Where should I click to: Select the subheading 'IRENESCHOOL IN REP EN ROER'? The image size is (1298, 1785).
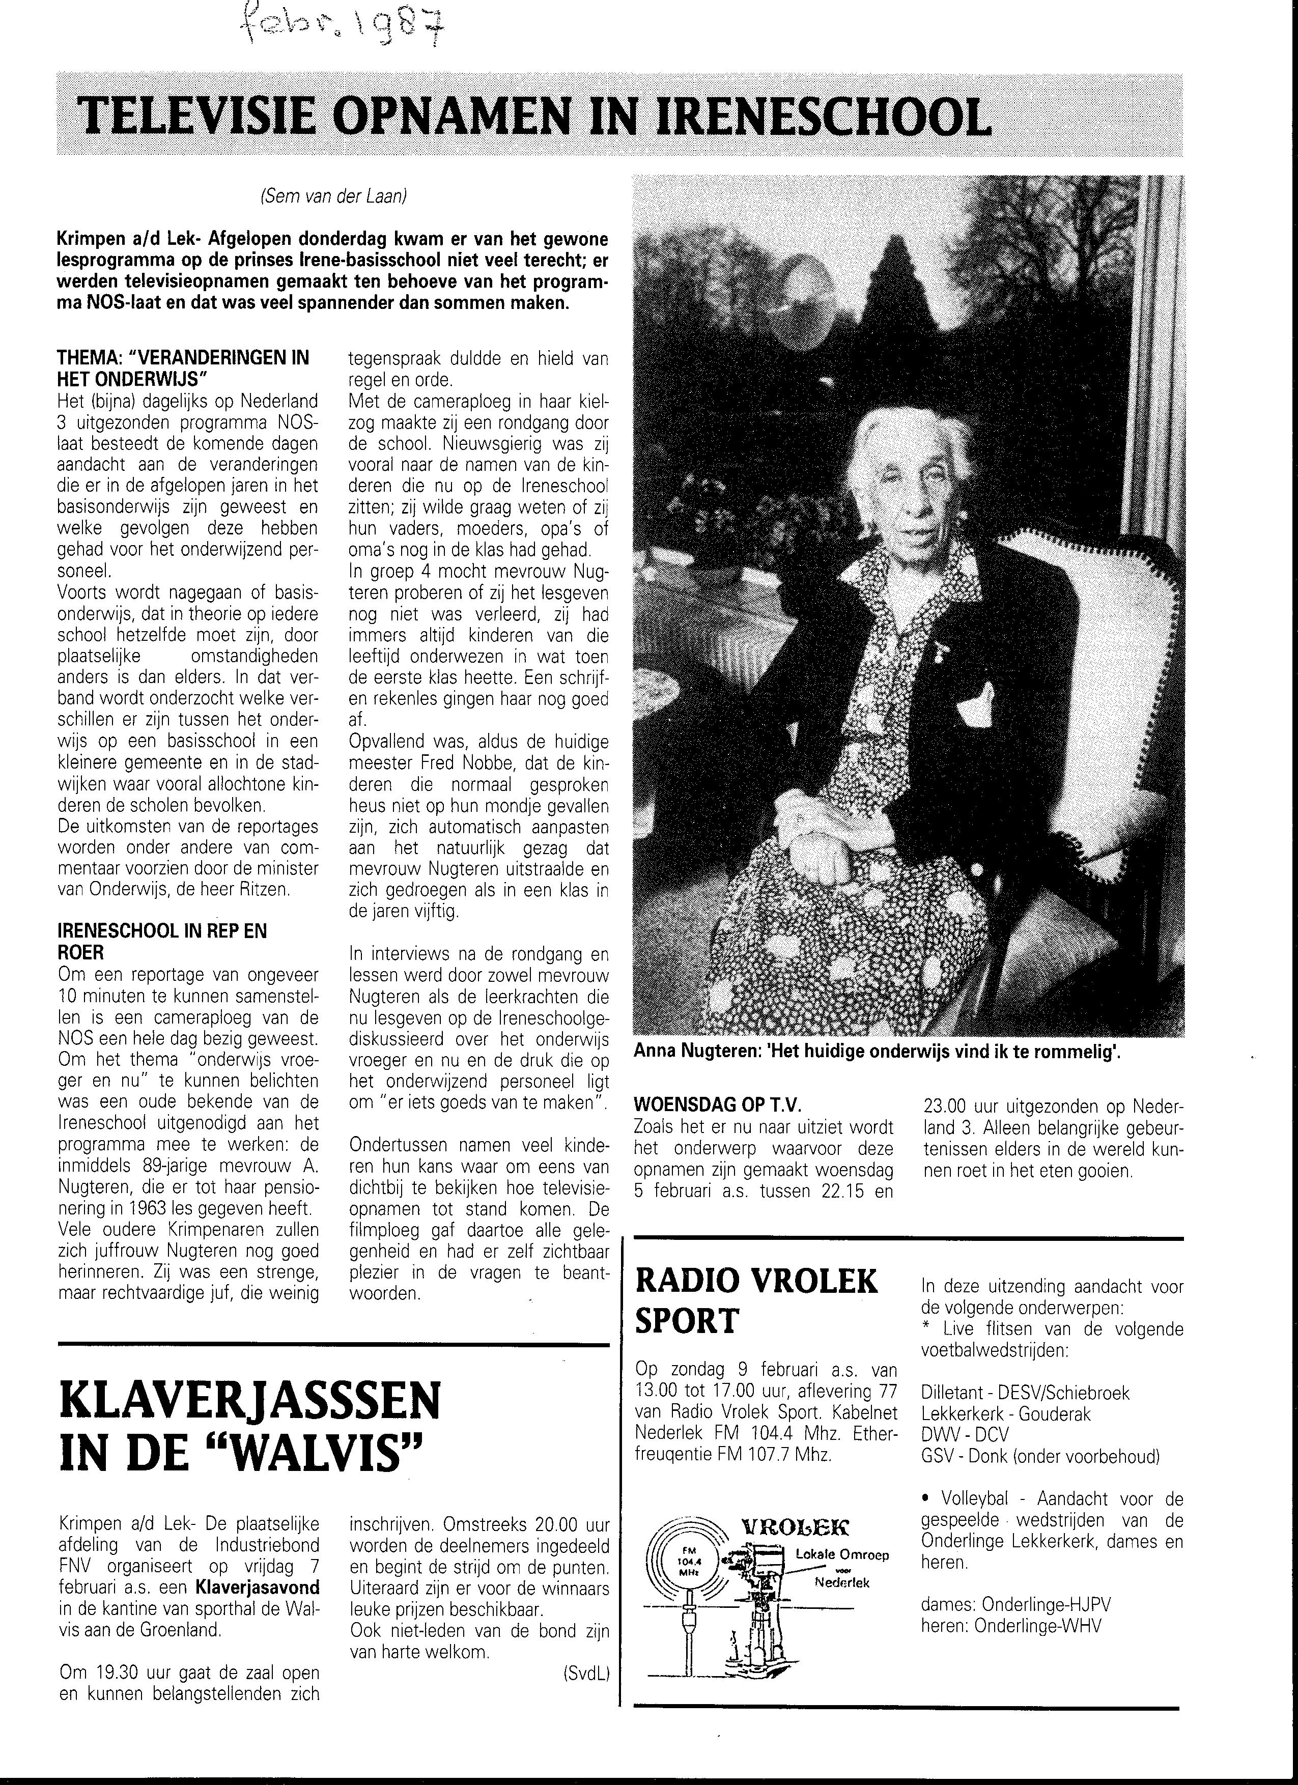pos(162,941)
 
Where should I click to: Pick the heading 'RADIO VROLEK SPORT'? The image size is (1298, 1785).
pos(756,1301)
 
